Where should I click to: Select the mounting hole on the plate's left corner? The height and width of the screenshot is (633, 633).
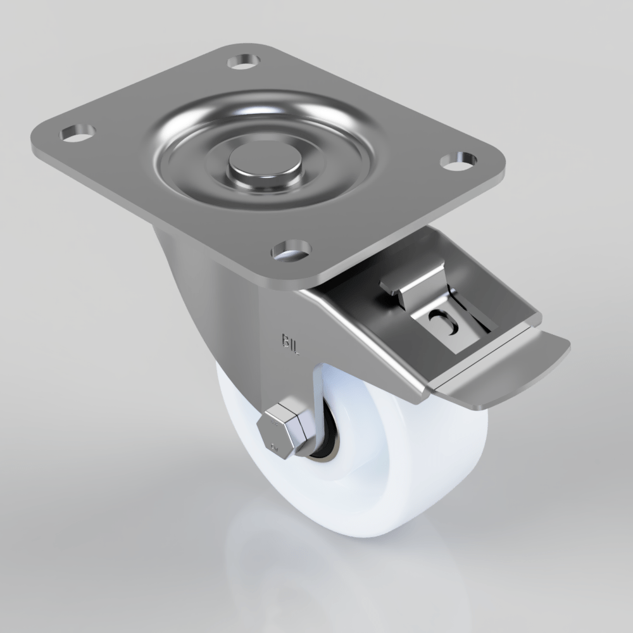[x=77, y=133]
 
